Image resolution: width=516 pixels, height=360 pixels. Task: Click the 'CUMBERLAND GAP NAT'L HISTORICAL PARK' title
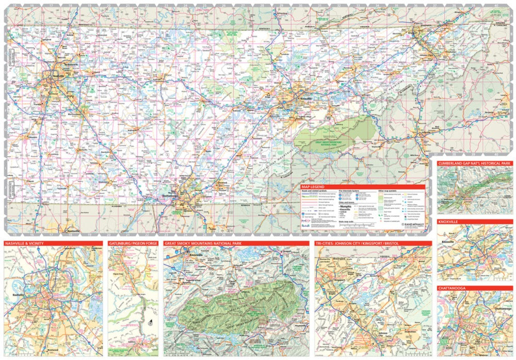point(474,163)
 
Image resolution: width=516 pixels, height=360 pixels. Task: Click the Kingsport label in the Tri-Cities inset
point(339,279)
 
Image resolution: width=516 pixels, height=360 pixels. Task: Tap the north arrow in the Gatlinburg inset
point(149,323)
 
